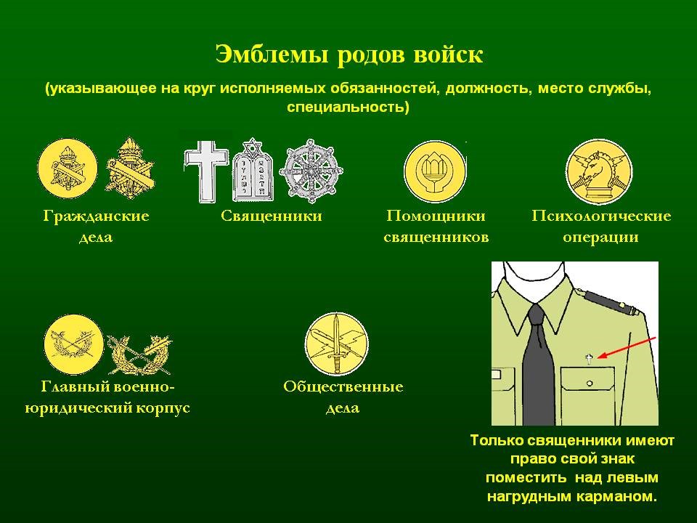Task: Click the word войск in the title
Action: [x=448, y=54]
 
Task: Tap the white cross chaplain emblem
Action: [x=206, y=171]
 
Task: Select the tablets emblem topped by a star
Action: [x=253, y=171]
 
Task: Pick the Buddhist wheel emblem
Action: [x=311, y=171]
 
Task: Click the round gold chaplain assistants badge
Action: [x=435, y=171]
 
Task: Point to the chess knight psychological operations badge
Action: [x=599, y=171]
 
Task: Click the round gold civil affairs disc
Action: [x=68, y=168]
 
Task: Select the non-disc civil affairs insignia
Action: [x=130, y=168]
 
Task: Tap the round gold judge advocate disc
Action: [x=74, y=344]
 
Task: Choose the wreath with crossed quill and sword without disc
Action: [x=139, y=354]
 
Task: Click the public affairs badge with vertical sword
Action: [x=336, y=344]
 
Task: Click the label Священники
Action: [x=271, y=216]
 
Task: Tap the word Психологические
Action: [x=601, y=216]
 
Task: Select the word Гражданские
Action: [x=96, y=216]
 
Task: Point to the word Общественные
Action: [x=343, y=386]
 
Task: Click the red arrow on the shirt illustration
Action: [x=627, y=347]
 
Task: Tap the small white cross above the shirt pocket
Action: [x=590, y=358]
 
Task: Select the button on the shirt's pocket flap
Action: [x=590, y=384]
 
